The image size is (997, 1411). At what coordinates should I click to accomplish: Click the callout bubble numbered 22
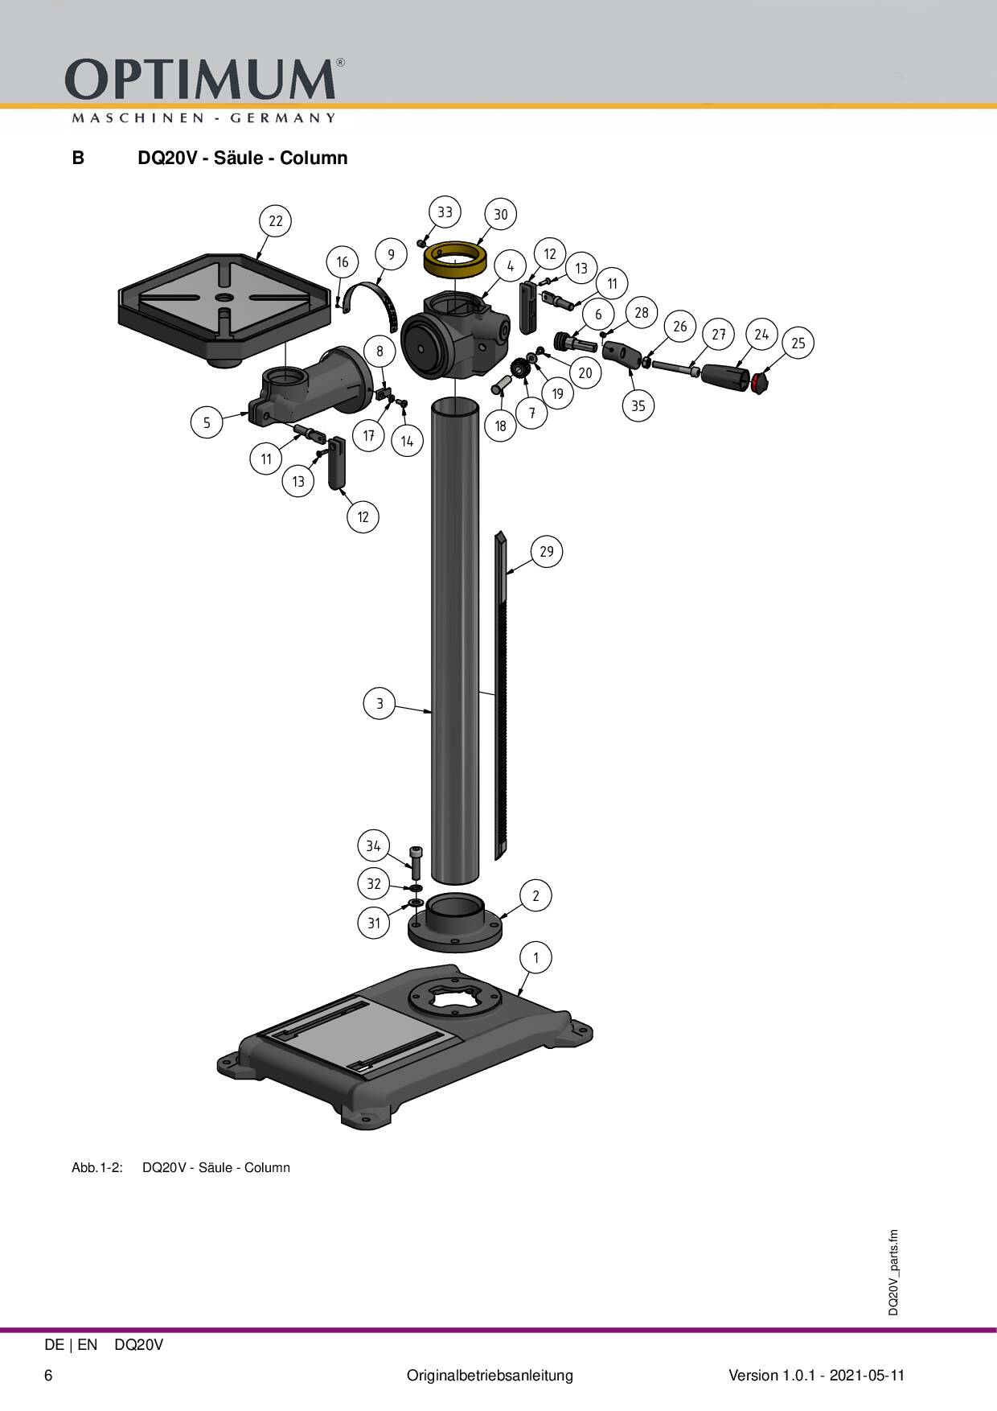pos(276,221)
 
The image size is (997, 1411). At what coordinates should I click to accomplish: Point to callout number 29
pos(547,552)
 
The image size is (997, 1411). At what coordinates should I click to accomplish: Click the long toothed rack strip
pos(501,696)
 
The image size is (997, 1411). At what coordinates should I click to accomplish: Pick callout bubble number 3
pos(380,703)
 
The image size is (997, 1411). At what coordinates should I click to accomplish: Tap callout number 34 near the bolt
pos(373,845)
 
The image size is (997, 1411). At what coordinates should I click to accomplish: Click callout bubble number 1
pos(536,957)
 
